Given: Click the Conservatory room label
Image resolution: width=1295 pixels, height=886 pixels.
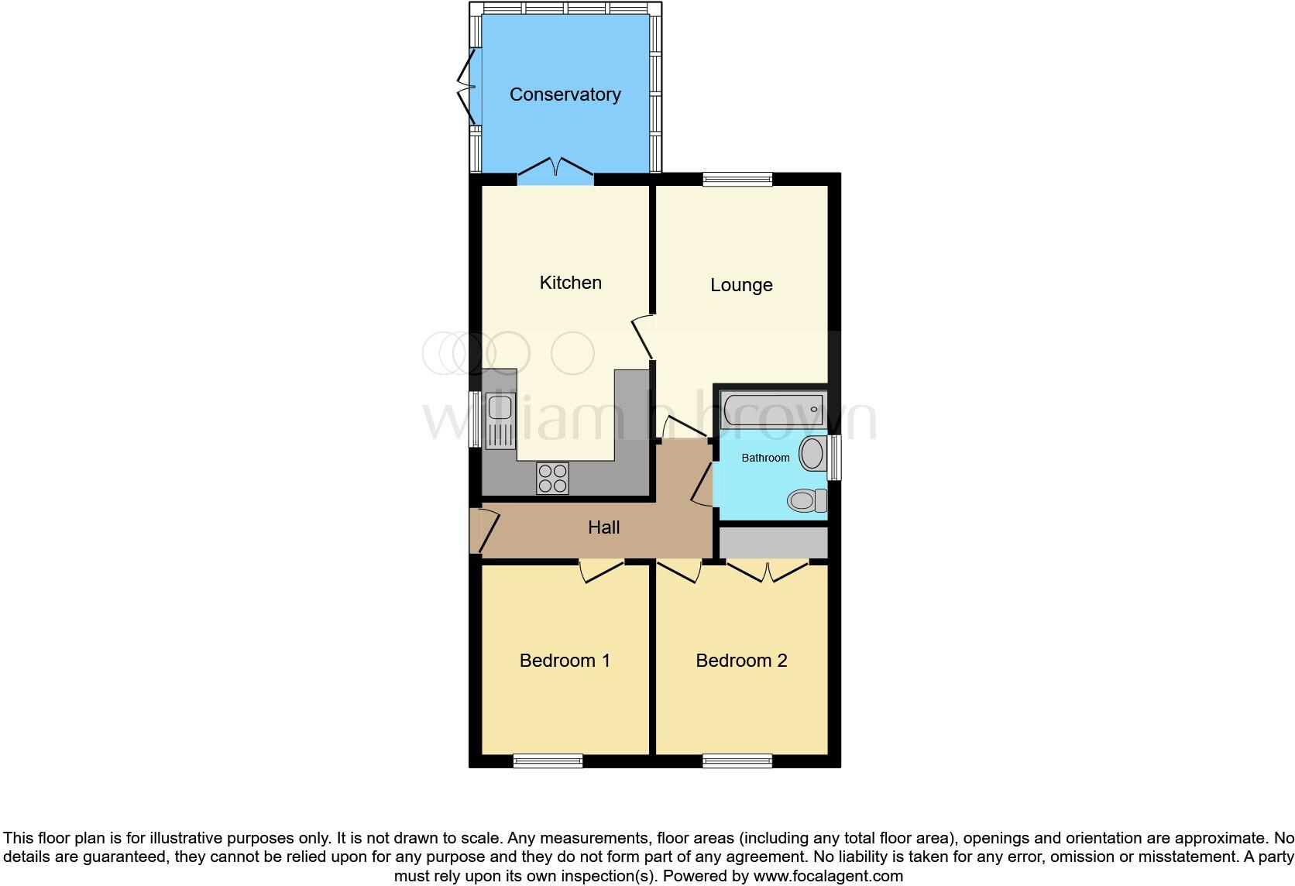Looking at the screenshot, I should [565, 94].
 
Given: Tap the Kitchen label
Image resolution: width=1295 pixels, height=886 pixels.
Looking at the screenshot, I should [570, 283].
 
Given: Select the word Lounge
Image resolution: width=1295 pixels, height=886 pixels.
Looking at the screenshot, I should [741, 285].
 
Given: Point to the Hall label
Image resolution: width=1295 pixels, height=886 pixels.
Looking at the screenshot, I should [603, 527].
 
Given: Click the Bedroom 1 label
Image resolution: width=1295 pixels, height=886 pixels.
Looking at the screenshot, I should [565, 661].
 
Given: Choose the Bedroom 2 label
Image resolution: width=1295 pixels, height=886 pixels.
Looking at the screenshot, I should [741, 661].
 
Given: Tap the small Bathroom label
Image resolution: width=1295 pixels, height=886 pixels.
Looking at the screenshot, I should [765, 458].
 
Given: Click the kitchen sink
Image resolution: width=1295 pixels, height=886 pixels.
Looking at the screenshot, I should [500, 421].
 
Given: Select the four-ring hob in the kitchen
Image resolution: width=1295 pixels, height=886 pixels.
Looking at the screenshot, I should [552, 478].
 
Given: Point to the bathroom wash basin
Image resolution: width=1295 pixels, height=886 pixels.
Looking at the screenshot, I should [812, 453].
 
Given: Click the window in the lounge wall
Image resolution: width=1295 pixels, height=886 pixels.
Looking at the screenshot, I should [737, 180].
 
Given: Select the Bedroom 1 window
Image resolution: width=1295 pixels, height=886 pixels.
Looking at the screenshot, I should [548, 761].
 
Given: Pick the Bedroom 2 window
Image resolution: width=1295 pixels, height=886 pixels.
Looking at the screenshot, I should [737, 761].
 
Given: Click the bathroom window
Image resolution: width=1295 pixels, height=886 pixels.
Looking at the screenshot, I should [834, 457].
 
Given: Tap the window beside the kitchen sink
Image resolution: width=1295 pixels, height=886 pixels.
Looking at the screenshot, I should [475, 419].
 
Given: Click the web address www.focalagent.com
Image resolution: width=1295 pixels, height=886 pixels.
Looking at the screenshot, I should [828, 877].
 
